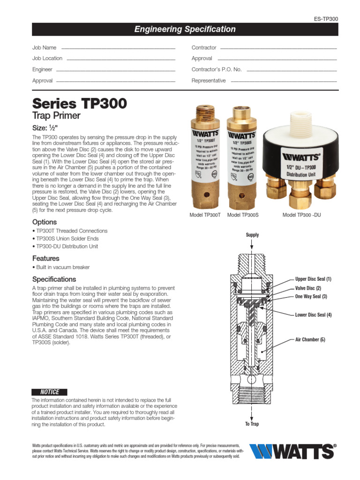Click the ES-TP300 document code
coord(325,19)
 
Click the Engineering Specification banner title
coord(185,30)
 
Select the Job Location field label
coord(47,58)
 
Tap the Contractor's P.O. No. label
coord(217,69)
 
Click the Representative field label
coord(209,81)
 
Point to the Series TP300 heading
coord(79,103)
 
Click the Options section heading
coord(45,222)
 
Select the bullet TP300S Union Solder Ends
coord(65,239)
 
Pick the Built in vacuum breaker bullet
coord(61,267)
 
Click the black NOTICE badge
coord(49,392)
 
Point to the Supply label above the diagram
coord(252,235)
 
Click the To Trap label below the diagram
coord(252,424)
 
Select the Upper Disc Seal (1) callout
coord(313,279)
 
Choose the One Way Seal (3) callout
coord(311,297)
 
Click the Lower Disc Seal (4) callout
coord(313,315)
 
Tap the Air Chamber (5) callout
coord(310,339)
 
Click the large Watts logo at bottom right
coord(292,451)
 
